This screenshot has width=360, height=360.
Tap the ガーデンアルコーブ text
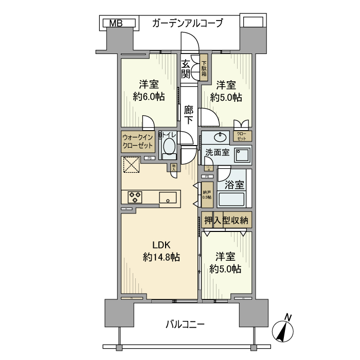(x=188, y=23)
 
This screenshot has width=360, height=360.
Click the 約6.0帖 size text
(x=148, y=97)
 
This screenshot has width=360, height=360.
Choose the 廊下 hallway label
(x=188, y=115)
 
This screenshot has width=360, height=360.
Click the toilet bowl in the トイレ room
(x=169, y=147)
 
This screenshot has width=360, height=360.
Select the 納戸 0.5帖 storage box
(x=206, y=194)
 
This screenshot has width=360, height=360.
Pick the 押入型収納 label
(x=226, y=220)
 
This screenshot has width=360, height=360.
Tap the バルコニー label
(x=186, y=325)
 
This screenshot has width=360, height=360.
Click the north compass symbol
(x=283, y=330)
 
